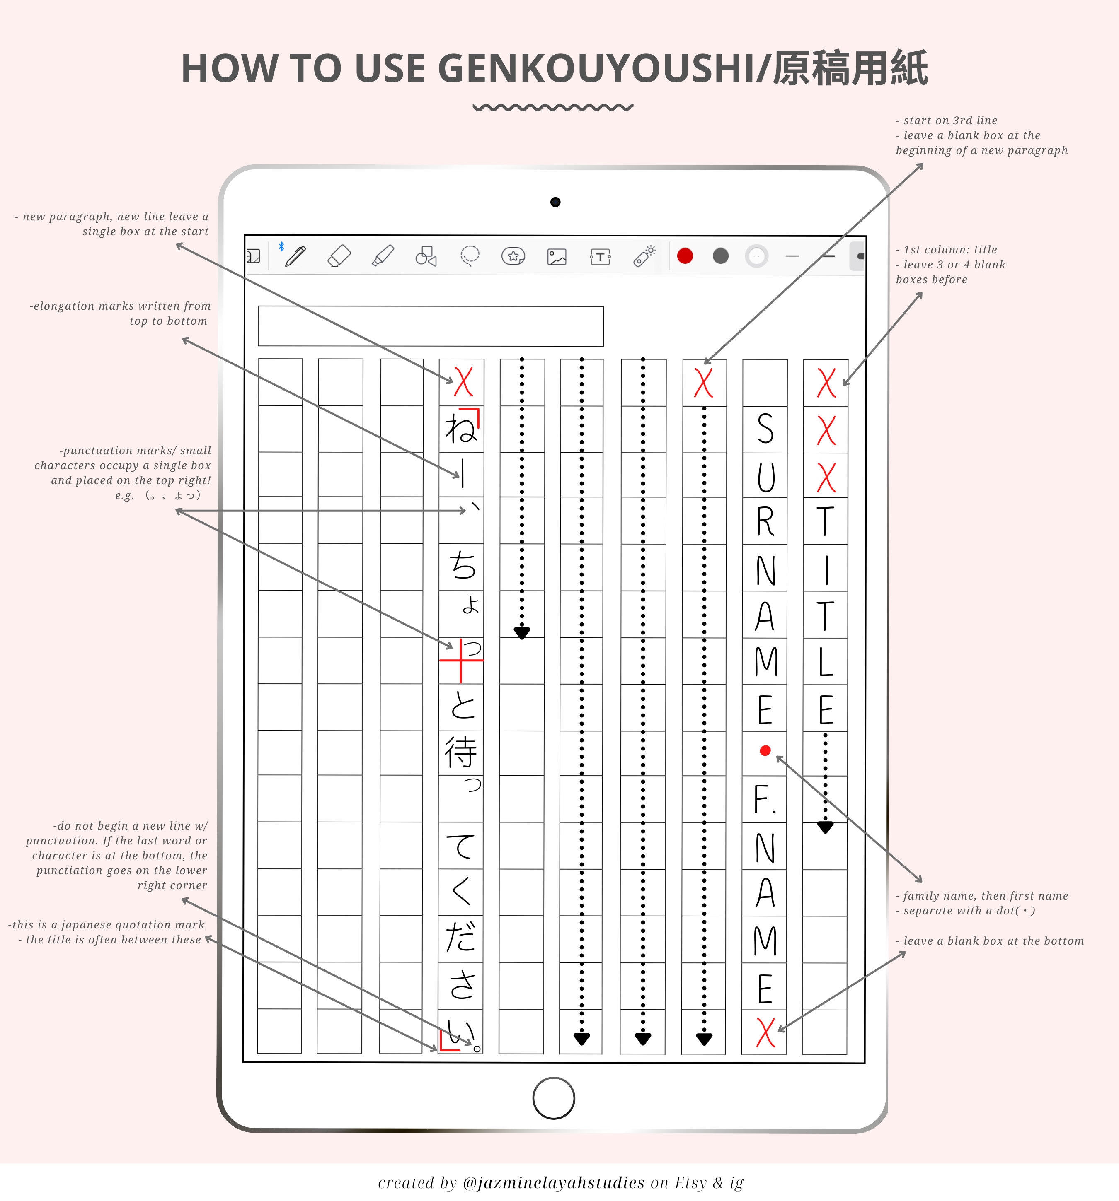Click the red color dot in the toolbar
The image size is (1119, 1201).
pos(685,256)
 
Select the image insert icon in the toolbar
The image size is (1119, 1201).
pos(557,257)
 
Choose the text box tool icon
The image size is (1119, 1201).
pos(600,257)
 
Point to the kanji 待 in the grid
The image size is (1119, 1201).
pos(461,752)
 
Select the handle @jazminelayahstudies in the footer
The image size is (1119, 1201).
pos(553,1182)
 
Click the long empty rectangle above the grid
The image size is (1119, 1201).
pos(431,326)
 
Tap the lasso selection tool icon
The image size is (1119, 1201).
pos(470,256)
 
